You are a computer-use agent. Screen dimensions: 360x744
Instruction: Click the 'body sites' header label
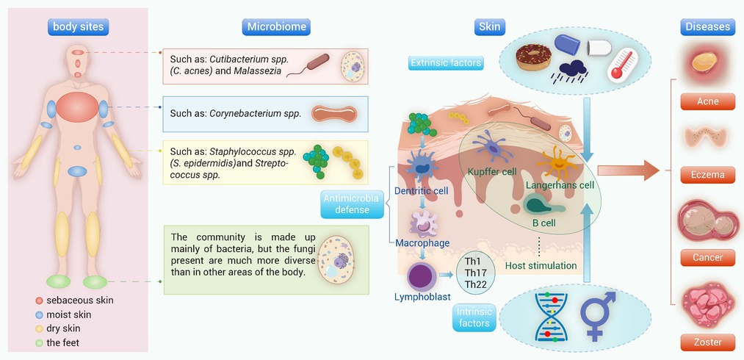click(x=79, y=27)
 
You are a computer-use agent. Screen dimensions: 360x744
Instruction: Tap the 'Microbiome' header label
click(x=276, y=27)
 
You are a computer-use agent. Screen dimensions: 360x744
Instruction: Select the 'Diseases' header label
click(x=707, y=27)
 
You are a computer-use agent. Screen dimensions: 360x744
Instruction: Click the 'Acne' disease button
click(x=707, y=101)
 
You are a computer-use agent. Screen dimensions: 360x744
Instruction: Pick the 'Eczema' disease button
click(x=707, y=175)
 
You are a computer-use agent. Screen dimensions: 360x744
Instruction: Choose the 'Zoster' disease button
click(x=707, y=342)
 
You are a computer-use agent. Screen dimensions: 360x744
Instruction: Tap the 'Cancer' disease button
click(x=707, y=258)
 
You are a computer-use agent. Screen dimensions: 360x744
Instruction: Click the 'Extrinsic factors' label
click(x=446, y=62)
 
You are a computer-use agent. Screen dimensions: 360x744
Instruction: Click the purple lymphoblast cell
click(x=423, y=278)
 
